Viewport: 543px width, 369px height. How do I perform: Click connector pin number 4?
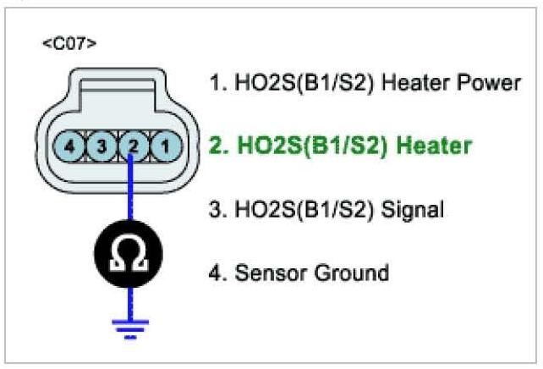(x=73, y=146)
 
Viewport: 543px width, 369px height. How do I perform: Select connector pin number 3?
(x=102, y=146)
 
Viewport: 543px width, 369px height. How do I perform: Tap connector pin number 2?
(x=133, y=146)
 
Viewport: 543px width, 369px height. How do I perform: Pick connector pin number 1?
(x=163, y=146)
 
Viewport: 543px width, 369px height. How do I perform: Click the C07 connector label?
(x=69, y=43)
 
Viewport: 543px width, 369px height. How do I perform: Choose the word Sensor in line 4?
(x=268, y=273)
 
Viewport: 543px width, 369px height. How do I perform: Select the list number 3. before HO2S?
(x=217, y=209)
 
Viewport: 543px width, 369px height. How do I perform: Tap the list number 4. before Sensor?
(x=217, y=273)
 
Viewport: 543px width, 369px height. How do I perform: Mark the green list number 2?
(x=217, y=146)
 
